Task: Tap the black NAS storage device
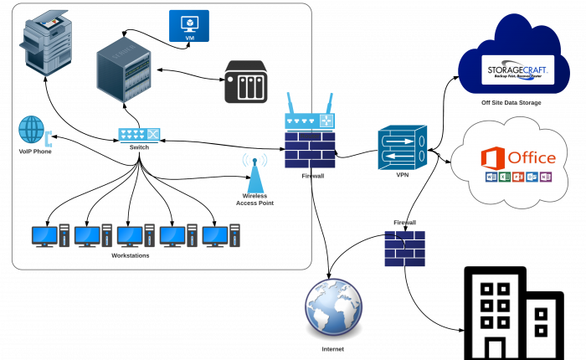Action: click(245, 82)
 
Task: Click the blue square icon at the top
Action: click(189, 26)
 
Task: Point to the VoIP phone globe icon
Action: click(32, 130)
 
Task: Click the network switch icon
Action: click(139, 133)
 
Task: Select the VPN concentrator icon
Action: click(402, 147)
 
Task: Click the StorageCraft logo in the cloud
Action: click(518, 69)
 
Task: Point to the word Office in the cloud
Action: click(532, 157)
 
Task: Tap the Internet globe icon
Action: click(333, 306)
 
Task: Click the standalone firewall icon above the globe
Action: click(404, 249)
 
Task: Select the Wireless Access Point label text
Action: click(255, 199)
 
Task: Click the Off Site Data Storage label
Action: click(511, 103)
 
